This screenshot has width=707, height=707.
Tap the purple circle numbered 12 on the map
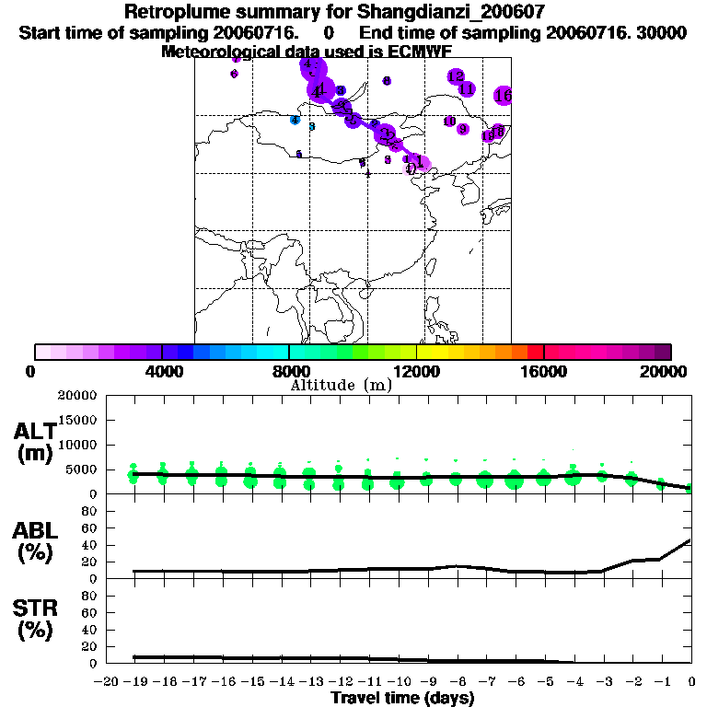456,76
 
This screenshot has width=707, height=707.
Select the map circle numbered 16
503,95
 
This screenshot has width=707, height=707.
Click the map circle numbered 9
463,130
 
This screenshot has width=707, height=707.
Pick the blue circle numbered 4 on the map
295,120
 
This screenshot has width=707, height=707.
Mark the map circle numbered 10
449,122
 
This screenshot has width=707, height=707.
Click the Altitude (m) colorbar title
342,385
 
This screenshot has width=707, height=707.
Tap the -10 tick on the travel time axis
398,682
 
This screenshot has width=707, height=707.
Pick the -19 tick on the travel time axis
134,682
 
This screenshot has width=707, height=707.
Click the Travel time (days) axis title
402,698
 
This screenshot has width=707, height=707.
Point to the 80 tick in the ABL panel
90,511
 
